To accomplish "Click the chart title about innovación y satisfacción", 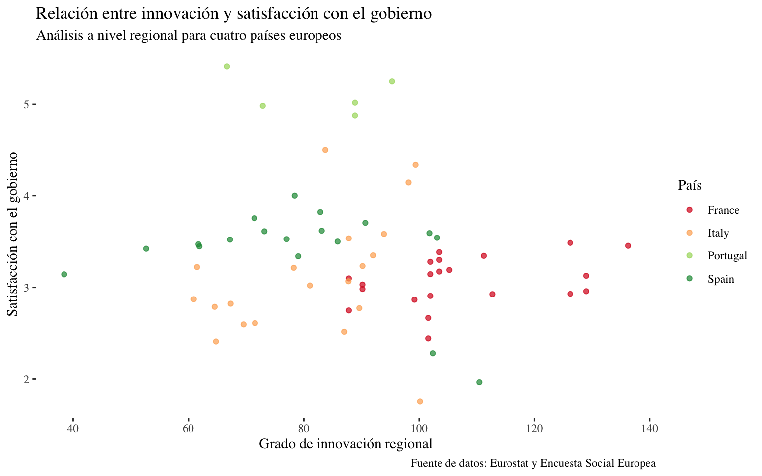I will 234,14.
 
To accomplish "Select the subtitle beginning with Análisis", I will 189,36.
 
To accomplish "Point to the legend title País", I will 690,186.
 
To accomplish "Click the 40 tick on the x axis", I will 73,428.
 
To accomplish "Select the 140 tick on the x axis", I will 650,428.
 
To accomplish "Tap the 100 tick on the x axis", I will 419,428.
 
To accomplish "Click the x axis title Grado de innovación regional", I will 346,444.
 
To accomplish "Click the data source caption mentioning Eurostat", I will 533,464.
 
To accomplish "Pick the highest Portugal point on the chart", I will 227,66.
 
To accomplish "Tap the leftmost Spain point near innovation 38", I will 64,274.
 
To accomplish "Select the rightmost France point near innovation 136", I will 628,246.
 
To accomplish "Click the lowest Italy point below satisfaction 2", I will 420,401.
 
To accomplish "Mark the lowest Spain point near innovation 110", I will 479,382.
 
